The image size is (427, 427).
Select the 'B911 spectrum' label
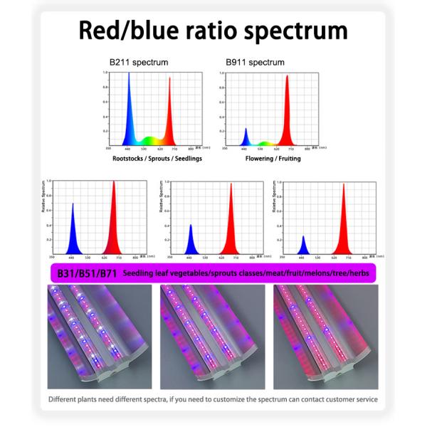tap(246, 63)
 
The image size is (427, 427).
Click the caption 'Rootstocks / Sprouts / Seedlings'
tap(147, 158)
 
